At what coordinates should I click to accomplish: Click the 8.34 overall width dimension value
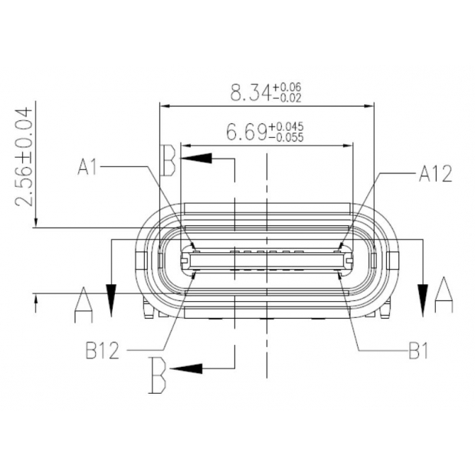pyautogui.click(x=251, y=93)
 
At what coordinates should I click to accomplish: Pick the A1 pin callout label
pyautogui.click(x=87, y=166)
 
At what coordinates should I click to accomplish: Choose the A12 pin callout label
pyautogui.click(x=434, y=174)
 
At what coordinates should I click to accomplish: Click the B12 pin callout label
pyautogui.click(x=102, y=351)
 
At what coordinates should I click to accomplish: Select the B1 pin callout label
pyautogui.click(x=417, y=352)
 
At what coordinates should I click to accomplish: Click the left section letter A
pyautogui.click(x=83, y=304)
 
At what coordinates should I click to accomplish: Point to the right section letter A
pyautogui.click(x=443, y=295)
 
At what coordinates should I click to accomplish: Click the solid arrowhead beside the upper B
pyautogui.click(x=197, y=159)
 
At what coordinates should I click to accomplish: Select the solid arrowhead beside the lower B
pyautogui.click(x=186, y=369)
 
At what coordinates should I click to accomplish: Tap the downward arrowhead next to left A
pyautogui.click(x=111, y=300)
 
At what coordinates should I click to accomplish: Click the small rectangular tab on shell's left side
pyautogui.click(x=139, y=260)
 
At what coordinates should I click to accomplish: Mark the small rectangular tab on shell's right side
pyautogui.click(x=393, y=260)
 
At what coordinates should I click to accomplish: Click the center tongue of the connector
pyautogui.click(x=266, y=260)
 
